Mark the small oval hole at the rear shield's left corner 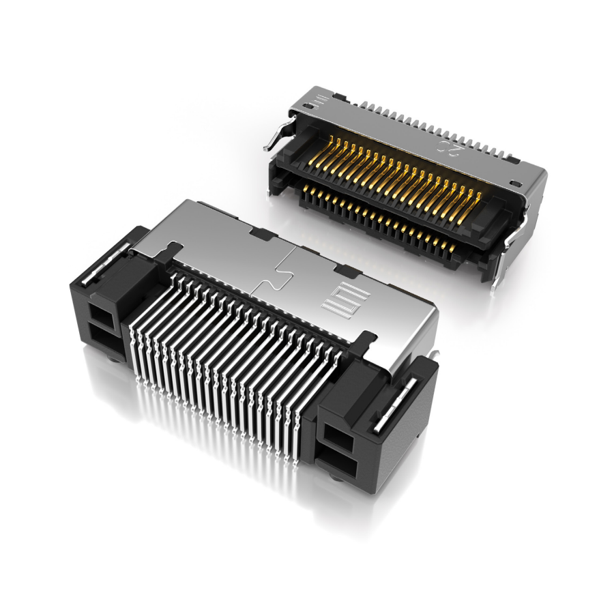[x=310, y=106]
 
